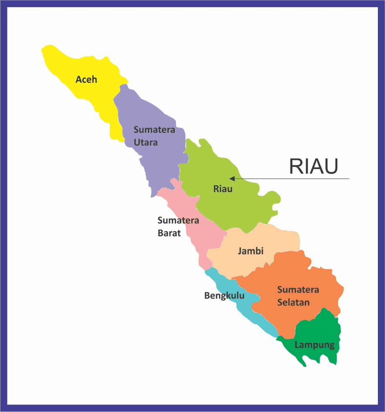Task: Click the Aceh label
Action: click(86, 79)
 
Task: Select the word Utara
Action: click(146, 142)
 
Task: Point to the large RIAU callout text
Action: click(313, 166)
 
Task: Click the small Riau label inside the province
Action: click(223, 189)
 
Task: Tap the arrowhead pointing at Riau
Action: click(232, 179)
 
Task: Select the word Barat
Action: click(169, 233)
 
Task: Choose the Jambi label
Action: click(250, 251)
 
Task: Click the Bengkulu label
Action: click(224, 296)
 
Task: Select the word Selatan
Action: click(293, 302)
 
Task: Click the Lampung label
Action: click(315, 345)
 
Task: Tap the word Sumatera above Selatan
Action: click(298, 289)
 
